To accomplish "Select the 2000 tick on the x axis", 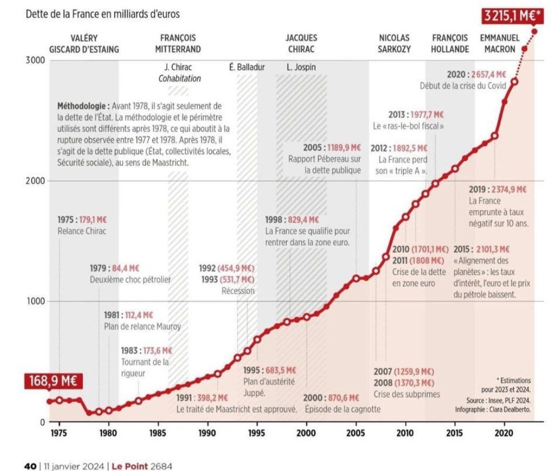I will click(306, 432).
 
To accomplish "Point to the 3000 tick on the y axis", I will click(35, 60).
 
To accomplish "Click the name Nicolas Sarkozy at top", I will click(394, 44).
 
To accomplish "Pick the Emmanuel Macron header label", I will click(499, 44).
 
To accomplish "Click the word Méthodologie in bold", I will click(81, 105).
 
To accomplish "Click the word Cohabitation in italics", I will click(179, 78).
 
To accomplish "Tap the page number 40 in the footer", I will click(30, 466).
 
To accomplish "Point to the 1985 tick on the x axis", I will click(158, 432).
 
